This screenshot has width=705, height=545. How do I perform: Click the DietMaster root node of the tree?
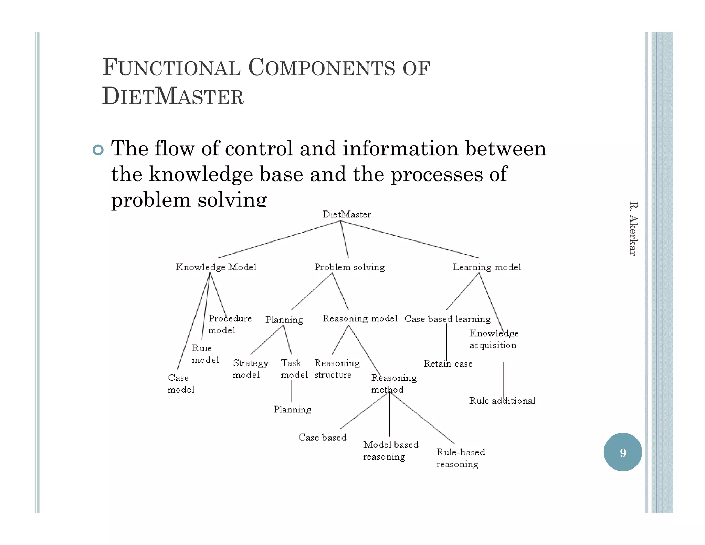pyautogui.click(x=346, y=214)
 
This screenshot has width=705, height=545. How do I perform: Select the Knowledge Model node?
pyautogui.click(x=216, y=267)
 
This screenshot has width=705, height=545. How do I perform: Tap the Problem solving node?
pyautogui.click(x=349, y=267)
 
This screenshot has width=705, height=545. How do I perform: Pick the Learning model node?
pyautogui.click(x=487, y=267)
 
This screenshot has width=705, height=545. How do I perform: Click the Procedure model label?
pyautogui.click(x=230, y=324)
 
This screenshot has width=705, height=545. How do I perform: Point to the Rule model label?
pyautogui.click(x=205, y=354)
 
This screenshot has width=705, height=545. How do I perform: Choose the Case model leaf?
pyautogui.click(x=181, y=383)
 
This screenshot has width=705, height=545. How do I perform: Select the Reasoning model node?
pyautogui.click(x=360, y=319)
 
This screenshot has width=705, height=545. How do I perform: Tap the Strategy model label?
pyautogui.click(x=250, y=369)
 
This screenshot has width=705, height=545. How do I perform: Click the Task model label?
pyautogui.click(x=294, y=369)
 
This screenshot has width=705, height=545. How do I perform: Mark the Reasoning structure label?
pyautogui.click(x=337, y=369)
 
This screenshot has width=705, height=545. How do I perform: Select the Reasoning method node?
pyautogui.click(x=393, y=383)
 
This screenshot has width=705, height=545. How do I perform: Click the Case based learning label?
pyautogui.click(x=447, y=319)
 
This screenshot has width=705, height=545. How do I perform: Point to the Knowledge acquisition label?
pyautogui.click(x=493, y=339)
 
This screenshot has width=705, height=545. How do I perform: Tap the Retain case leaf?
pyautogui.click(x=448, y=364)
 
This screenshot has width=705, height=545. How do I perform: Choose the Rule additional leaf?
pyautogui.click(x=502, y=401)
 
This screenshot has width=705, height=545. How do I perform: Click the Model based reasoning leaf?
pyautogui.click(x=390, y=451)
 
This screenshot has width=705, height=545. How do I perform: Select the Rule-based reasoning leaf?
pyautogui.click(x=460, y=458)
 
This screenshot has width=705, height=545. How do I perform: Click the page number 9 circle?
pyautogui.click(x=623, y=452)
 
